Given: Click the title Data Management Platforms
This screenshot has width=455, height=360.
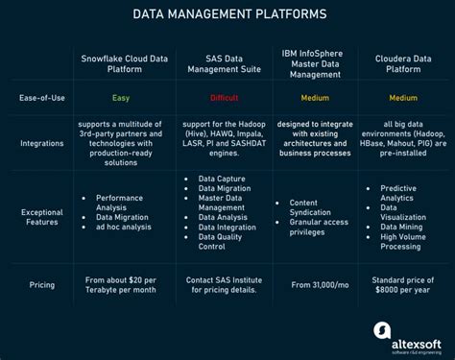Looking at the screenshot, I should (227, 14).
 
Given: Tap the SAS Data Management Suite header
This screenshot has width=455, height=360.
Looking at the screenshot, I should (224, 63).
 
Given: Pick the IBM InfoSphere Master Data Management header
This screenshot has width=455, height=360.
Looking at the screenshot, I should (314, 63).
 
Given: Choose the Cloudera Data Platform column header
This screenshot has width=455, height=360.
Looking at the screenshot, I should (403, 63).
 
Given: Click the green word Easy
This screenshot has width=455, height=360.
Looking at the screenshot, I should (122, 98).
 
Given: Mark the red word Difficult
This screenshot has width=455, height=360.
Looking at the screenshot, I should (224, 98).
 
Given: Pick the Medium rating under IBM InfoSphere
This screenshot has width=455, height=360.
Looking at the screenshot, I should (314, 98).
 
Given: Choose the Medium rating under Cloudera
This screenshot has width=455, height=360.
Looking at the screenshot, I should (403, 98).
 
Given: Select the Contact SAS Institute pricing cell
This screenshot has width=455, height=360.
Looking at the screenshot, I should (224, 284).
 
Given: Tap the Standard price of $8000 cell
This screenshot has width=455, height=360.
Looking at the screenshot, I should (403, 284).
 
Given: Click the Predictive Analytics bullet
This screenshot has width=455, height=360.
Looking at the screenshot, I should (404, 193).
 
